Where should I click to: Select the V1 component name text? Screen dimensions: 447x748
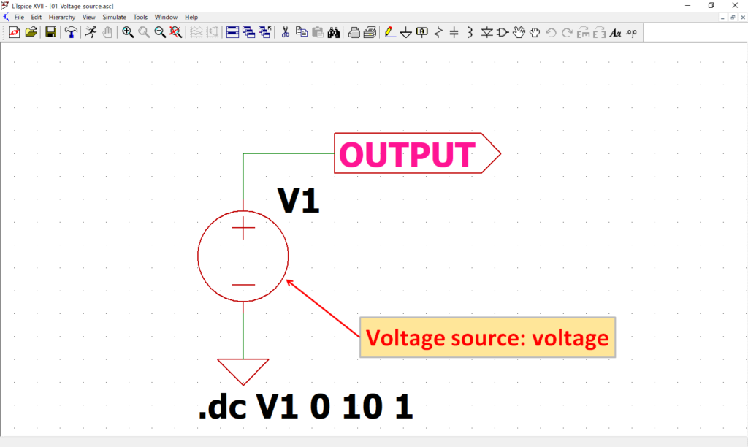[x=298, y=200]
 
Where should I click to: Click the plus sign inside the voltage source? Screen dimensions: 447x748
[x=243, y=230]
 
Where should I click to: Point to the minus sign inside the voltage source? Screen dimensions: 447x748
[x=243, y=285]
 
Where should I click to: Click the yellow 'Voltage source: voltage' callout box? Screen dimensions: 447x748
[x=487, y=337]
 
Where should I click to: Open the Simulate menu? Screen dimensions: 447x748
[x=114, y=17]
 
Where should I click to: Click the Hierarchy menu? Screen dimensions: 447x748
[x=62, y=17]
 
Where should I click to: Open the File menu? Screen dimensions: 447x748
[x=19, y=17]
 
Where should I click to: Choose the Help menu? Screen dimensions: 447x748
[x=191, y=17]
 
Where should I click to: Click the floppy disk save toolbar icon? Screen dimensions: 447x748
[x=51, y=32]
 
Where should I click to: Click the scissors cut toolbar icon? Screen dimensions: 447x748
[x=286, y=32]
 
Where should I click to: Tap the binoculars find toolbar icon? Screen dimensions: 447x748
[x=334, y=32]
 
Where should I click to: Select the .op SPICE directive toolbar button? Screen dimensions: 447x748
[x=632, y=32]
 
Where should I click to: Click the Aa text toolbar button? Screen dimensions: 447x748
[x=615, y=32]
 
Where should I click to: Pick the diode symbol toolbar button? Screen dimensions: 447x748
[x=486, y=32]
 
